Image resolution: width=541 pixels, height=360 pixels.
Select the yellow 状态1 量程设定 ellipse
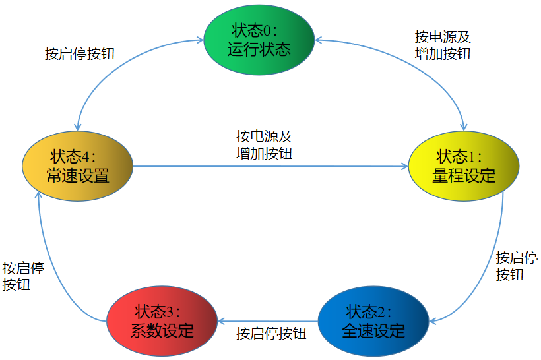(x=463, y=165)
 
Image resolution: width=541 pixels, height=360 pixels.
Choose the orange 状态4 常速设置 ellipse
(x=77, y=165)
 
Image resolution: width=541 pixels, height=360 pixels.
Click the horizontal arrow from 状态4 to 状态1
(x=270, y=166)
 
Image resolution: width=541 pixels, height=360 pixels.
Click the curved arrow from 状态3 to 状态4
(x=49, y=264)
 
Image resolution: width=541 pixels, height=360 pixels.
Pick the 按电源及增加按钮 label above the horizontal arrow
(x=264, y=145)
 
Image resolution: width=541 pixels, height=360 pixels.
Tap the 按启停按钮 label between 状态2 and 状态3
(x=271, y=334)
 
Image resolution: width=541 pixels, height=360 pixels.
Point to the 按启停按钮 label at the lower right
(x=516, y=266)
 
